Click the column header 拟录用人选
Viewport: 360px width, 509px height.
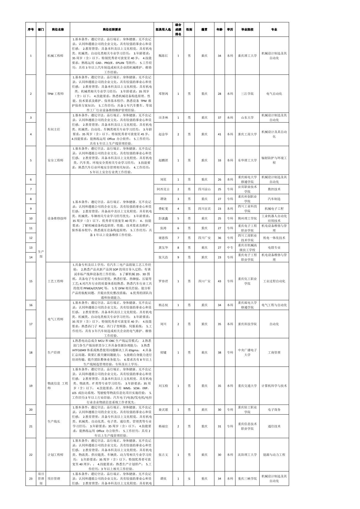point(163,30)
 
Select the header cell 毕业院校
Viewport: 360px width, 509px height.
point(247,30)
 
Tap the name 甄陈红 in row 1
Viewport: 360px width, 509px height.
point(163,56)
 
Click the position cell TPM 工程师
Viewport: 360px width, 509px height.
point(55,94)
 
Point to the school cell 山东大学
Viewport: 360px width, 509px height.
point(247,118)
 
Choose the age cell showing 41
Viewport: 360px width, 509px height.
point(219,134)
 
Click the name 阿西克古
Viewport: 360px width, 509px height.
point(163,189)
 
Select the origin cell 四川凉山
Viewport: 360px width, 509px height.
point(204,189)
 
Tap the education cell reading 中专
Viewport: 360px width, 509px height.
point(230,248)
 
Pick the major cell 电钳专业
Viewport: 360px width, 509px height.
point(274,248)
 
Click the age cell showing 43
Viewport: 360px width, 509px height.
point(219,281)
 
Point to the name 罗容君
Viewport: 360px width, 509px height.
point(163,281)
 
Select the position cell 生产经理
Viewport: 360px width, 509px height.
point(54,353)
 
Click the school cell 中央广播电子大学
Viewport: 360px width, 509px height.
point(247,353)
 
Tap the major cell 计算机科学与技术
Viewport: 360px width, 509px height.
point(274,386)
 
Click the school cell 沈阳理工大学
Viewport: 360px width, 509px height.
point(247,455)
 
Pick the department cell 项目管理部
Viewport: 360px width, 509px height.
point(41,479)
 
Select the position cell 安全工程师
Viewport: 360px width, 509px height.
point(55,160)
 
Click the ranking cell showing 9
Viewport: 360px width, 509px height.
point(178,257)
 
